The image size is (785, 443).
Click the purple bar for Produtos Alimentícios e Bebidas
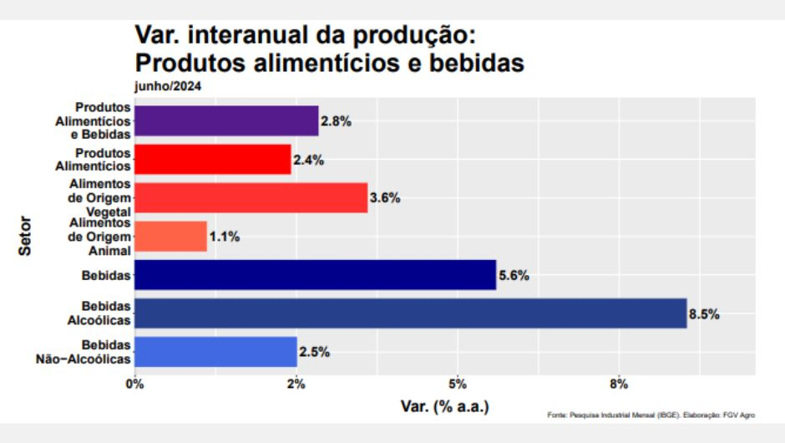(x=225, y=120)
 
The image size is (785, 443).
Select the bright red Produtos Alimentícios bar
(x=212, y=159)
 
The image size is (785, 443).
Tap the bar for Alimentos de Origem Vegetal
(x=251, y=197)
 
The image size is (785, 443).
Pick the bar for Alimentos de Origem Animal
(x=170, y=237)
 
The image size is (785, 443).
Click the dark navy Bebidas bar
(x=315, y=275)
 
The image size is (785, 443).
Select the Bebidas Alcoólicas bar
(x=410, y=313)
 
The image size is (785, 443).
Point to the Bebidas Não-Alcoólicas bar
(x=215, y=352)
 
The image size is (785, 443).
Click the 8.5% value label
(x=704, y=314)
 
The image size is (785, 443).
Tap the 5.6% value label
(x=514, y=276)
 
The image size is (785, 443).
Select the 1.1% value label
(x=225, y=237)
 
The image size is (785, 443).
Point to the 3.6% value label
(x=385, y=198)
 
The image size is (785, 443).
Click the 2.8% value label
(x=336, y=121)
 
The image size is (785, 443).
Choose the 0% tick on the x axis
(x=134, y=384)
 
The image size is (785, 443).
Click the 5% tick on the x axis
(x=458, y=384)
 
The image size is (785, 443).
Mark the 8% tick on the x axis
(x=619, y=384)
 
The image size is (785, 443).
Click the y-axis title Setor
(x=25, y=237)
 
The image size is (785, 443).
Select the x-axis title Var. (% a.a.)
(x=444, y=406)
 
